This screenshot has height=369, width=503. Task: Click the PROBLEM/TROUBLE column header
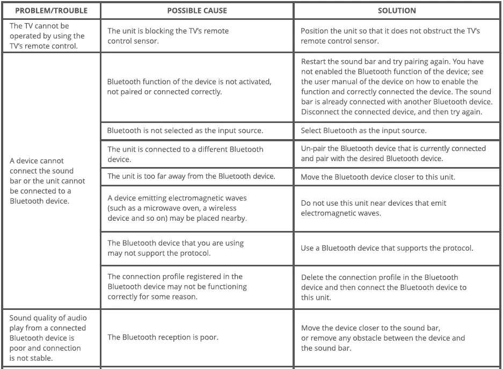point(50,11)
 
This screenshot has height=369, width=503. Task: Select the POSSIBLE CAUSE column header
point(197,11)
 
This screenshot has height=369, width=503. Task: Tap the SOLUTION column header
point(397,11)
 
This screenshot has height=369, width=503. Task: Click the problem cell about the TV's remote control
point(47,36)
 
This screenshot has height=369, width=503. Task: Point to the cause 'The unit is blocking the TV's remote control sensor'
point(168,36)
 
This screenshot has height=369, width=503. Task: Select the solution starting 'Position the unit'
point(390,36)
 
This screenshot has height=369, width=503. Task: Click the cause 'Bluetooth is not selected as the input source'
point(185,131)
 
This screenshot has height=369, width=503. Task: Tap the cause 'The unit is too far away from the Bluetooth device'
point(191,176)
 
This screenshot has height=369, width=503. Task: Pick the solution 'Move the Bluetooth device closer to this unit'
point(378,177)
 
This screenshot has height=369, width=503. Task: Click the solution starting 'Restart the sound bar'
point(396,87)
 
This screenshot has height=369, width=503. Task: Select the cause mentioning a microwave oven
point(177,208)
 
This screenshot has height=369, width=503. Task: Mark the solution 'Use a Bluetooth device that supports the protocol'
point(387,248)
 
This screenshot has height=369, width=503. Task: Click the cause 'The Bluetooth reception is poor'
point(161,337)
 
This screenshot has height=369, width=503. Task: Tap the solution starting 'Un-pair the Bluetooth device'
point(393,153)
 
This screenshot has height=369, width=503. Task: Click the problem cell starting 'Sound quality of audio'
point(47,338)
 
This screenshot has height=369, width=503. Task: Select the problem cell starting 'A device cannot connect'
point(47,180)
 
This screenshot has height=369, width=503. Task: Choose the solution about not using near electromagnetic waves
point(374,208)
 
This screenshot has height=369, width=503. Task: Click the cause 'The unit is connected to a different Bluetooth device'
point(185,154)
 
